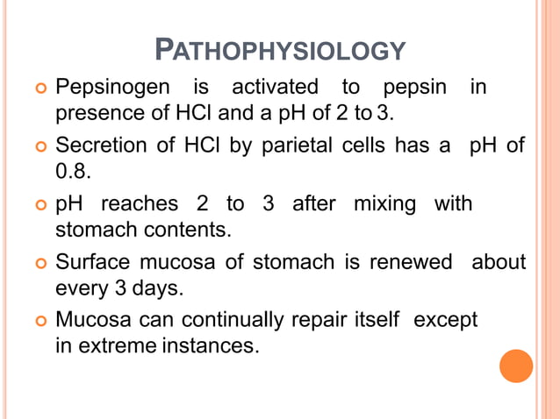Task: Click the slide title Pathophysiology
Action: pyautogui.click(x=280, y=51)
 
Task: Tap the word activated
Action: pyautogui.click(x=275, y=88)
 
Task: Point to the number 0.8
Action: pyautogui.click(x=74, y=170)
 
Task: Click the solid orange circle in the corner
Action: pyautogui.click(x=516, y=366)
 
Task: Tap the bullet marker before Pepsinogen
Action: pyautogui.click(x=39, y=89)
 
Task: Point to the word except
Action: pyautogui.click(x=445, y=319)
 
